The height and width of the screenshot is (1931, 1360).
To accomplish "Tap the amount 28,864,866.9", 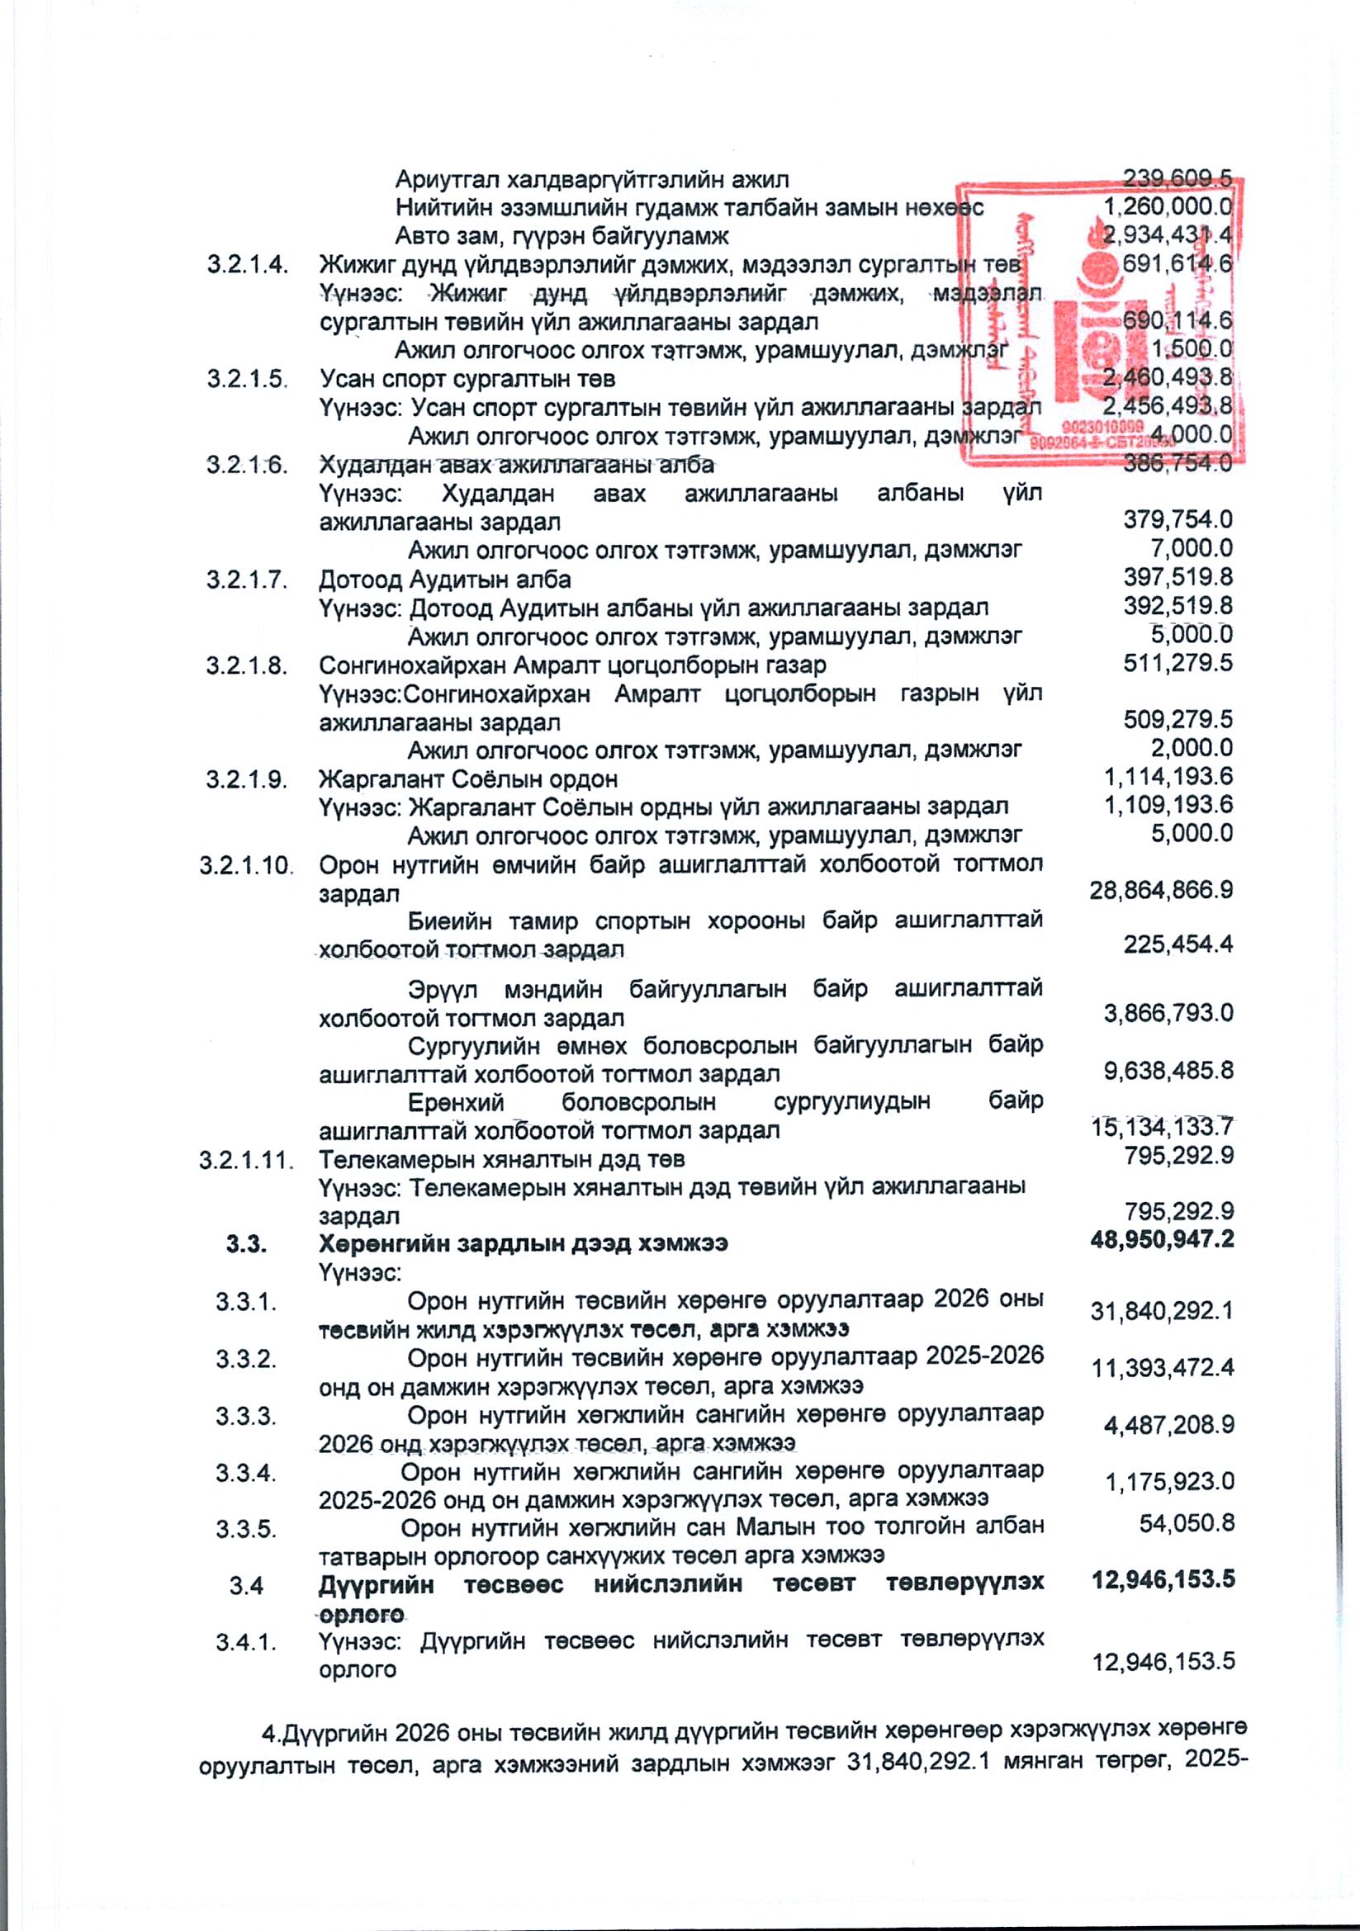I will (x=1161, y=891).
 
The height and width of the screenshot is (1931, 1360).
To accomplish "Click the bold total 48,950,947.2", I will (x=1162, y=1240).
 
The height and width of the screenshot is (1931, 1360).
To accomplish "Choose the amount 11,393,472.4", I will (x=1163, y=1369).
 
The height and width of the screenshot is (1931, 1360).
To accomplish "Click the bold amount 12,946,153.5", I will (x=1163, y=1579).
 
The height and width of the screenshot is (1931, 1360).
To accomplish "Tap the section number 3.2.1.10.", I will (x=246, y=865).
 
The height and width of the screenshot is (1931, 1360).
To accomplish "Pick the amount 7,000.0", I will (x=1191, y=549).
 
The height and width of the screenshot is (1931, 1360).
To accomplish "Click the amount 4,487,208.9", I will (x=1168, y=1427).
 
